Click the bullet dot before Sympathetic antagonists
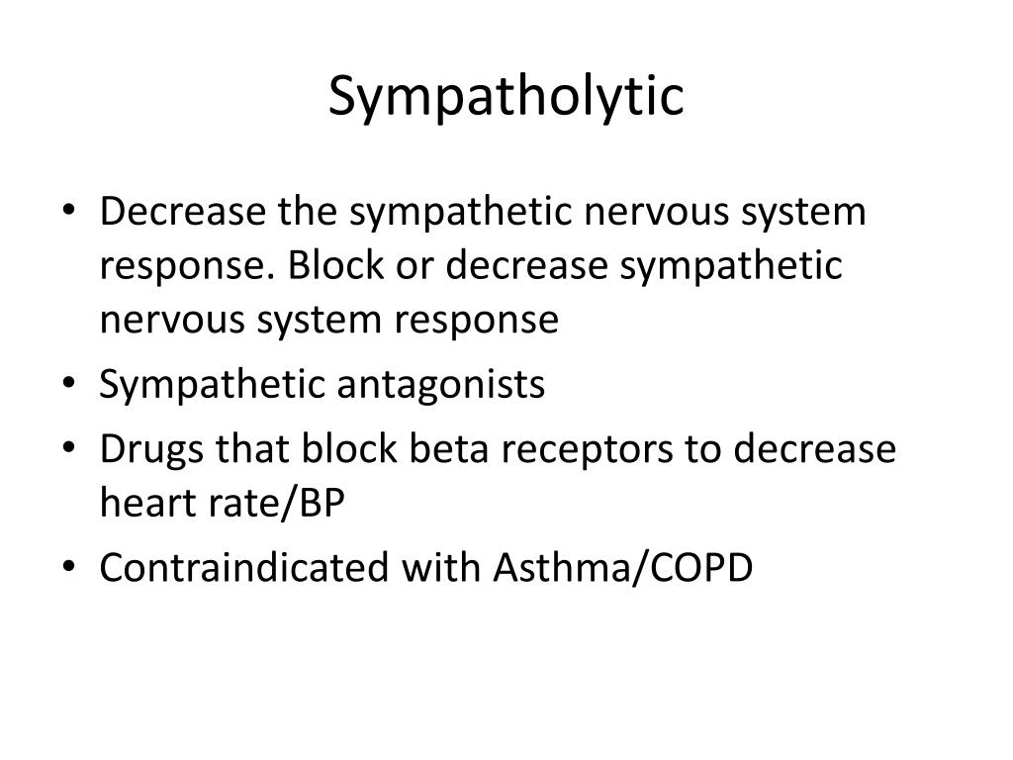(79, 385)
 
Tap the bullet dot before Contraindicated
(79, 569)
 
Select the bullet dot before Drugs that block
(79, 449)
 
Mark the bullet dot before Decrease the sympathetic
(79, 213)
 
